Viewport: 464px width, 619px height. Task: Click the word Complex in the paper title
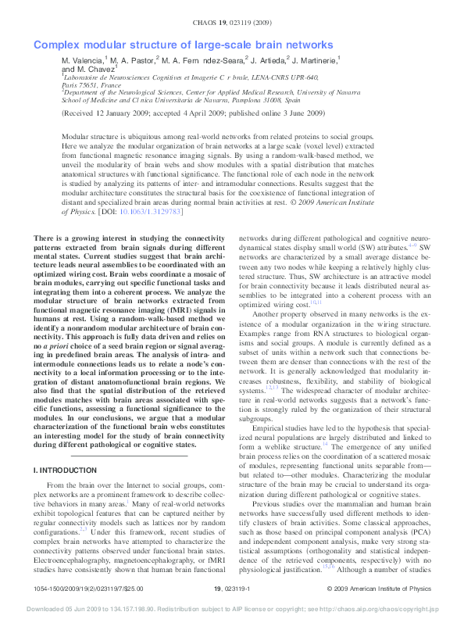[x=57, y=45]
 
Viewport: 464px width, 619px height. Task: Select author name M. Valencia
[x=82, y=59]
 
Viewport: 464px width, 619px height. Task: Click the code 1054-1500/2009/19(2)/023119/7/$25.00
[x=89, y=588]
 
